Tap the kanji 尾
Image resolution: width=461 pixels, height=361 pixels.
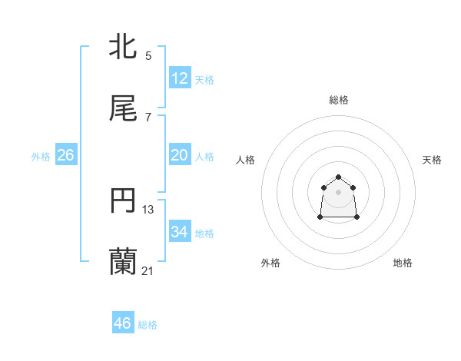pos(124,109)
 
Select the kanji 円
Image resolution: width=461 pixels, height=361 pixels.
pos(124,201)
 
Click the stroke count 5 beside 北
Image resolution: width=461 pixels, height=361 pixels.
pos(148,56)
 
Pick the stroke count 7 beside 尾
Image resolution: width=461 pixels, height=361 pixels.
pos(148,118)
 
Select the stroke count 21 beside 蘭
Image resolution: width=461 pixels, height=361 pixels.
pos(148,271)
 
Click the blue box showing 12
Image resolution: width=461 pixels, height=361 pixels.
pos(180,78)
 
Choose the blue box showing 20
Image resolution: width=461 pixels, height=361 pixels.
pos(180,155)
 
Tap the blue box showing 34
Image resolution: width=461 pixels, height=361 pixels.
pos(180,232)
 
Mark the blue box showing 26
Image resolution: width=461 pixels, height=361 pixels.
pos(65,155)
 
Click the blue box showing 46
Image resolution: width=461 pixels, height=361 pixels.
pos(123,323)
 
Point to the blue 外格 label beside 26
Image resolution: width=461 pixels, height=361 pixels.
pos(41,157)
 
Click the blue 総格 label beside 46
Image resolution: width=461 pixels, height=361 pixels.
pos(148,325)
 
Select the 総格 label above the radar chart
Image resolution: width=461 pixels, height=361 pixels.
pos(339,100)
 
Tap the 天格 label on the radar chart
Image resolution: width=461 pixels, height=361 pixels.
pos(432,160)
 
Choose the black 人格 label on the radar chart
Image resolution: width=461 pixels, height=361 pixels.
pos(246,160)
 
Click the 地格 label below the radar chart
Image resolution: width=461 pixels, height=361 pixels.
pos(403,263)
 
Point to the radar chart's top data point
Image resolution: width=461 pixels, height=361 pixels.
pos(339,177)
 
